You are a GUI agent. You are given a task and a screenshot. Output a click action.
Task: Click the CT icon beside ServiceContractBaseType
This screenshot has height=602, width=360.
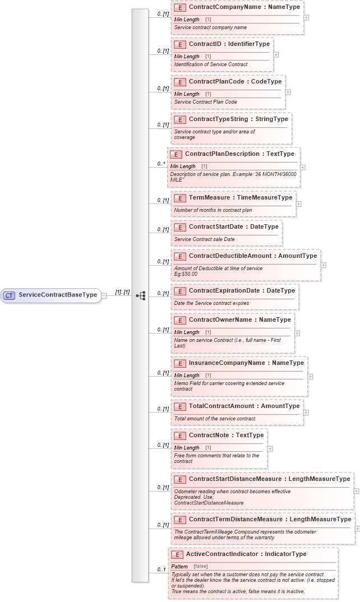[x=9, y=295]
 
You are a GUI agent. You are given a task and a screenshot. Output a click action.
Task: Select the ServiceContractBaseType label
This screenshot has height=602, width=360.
[x=58, y=295]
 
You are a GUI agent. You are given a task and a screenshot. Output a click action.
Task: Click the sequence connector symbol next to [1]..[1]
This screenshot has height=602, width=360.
[x=140, y=295]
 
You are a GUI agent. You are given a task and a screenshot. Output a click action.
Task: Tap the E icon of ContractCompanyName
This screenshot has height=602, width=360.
[x=180, y=8]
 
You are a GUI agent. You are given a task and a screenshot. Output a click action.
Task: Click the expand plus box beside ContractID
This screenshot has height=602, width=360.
[x=276, y=55]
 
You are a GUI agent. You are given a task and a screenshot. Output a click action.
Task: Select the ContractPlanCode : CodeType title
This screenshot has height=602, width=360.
[x=235, y=81]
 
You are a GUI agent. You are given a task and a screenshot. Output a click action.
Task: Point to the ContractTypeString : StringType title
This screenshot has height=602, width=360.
[x=238, y=119]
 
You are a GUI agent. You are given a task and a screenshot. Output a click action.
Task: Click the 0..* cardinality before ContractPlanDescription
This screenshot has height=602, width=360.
[x=161, y=164]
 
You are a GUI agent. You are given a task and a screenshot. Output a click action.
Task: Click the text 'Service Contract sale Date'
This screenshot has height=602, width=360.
[x=204, y=239]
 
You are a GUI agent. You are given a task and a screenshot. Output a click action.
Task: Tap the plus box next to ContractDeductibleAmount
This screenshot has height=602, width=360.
[x=323, y=265]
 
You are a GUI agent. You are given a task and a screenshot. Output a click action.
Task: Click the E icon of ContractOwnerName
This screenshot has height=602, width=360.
[x=180, y=320]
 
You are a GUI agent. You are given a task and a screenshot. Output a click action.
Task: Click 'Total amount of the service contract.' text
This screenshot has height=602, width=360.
[x=215, y=419]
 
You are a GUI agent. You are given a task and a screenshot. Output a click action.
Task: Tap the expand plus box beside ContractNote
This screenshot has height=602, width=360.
[x=270, y=448]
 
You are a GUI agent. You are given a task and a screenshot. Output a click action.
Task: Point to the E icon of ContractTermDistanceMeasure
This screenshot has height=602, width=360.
[x=180, y=520]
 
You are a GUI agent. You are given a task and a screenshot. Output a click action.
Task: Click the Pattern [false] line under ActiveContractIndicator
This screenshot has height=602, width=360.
[x=190, y=567]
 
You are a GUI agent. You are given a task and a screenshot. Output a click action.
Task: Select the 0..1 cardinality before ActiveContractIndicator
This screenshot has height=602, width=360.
[x=161, y=570]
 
